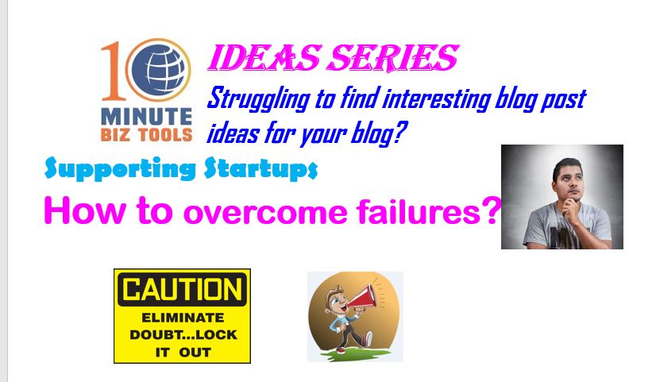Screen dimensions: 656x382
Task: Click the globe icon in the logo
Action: tap(159, 69)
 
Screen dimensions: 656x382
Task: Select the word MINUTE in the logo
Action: tap(146, 117)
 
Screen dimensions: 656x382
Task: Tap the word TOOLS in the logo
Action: tap(165, 135)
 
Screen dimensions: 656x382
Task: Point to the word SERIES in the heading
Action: tap(393, 58)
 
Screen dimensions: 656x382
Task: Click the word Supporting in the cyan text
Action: tap(120, 168)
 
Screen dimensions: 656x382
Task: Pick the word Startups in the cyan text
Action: tap(261, 168)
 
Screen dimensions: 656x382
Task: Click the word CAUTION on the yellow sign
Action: tap(183, 289)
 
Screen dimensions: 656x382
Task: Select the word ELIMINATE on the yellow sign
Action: tap(183, 318)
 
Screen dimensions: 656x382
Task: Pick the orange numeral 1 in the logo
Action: tap(112, 71)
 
